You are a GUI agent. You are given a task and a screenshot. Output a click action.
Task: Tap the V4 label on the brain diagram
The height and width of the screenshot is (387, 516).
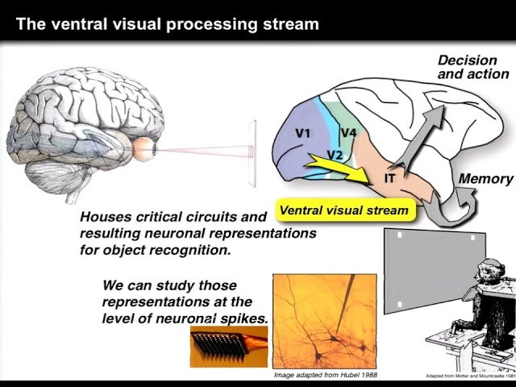pos(349,132)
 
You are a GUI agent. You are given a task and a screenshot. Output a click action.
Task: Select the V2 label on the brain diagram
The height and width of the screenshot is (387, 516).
pos(336,153)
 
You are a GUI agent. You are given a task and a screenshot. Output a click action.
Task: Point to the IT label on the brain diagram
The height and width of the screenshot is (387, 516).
pos(389,177)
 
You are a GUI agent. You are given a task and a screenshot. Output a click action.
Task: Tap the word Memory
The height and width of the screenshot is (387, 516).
pos(485,179)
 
